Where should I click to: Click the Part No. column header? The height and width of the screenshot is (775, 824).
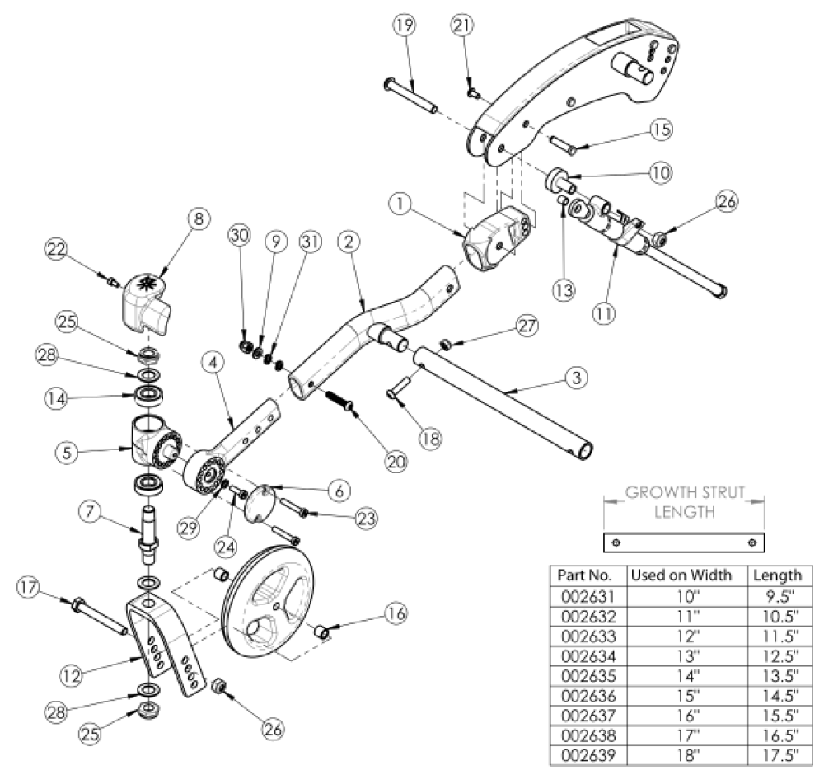[x=583, y=575]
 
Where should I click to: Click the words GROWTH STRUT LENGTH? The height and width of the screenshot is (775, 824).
[x=684, y=502]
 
